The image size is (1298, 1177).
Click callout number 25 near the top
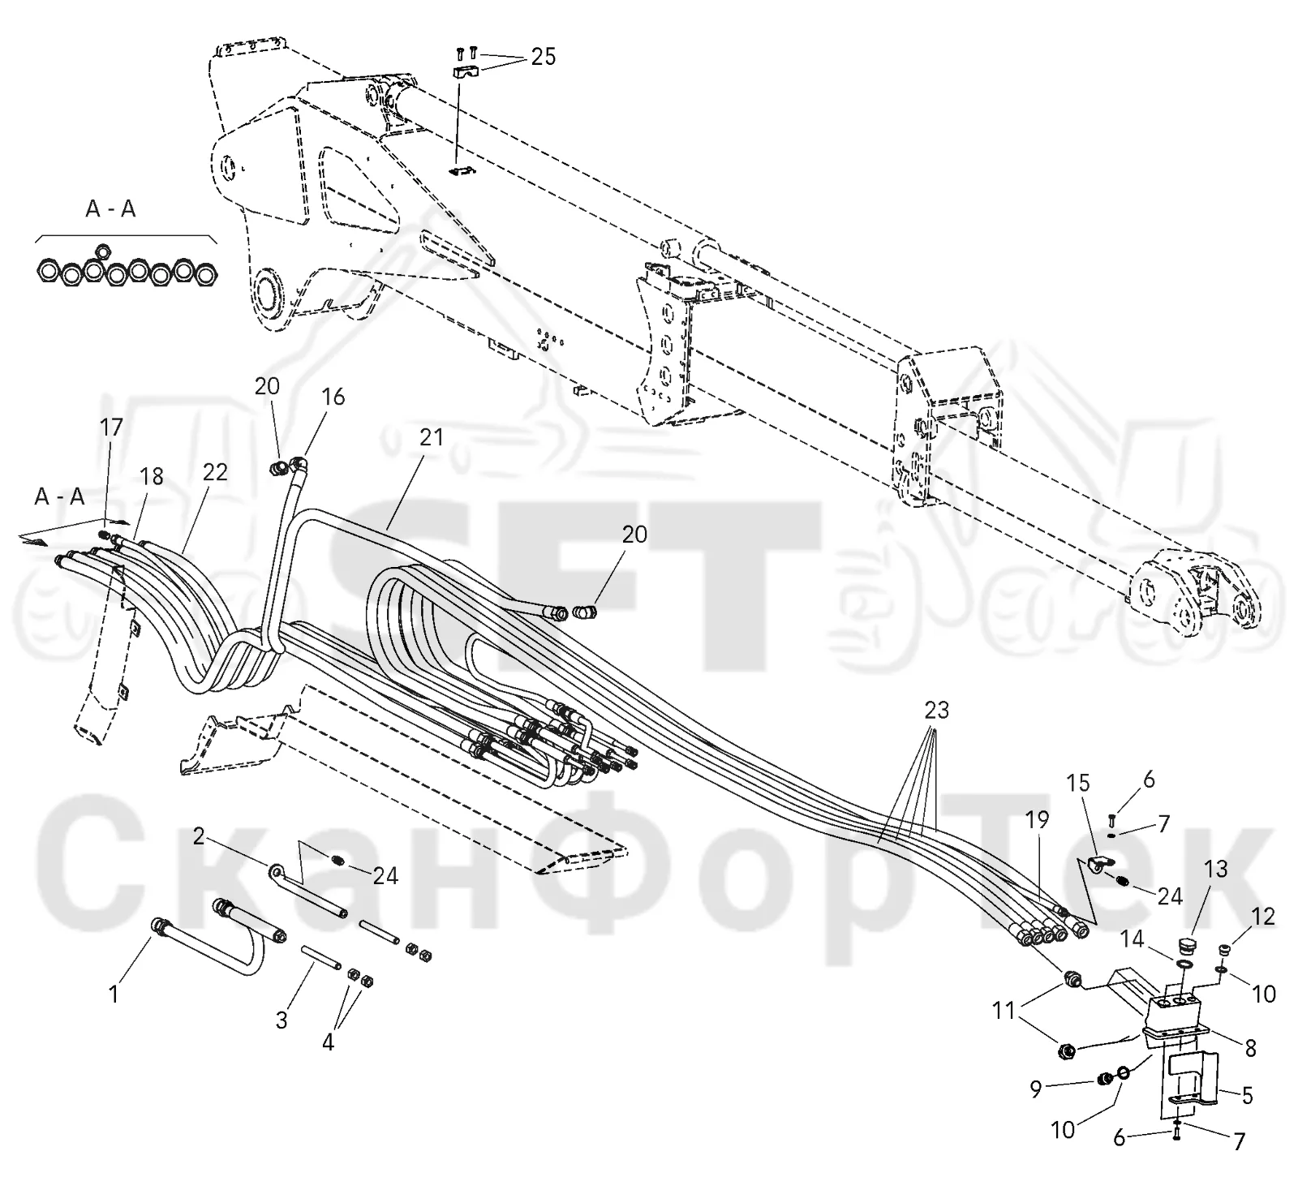544,57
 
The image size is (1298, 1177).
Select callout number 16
333,397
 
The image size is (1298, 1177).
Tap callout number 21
432,437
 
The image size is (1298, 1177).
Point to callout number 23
936,711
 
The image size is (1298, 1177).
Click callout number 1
114,994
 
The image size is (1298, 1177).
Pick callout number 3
282,1020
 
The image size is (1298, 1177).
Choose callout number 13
1215,869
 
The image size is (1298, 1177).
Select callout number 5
1247,1096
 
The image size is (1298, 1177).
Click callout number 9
1036,1089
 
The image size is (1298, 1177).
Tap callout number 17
111,427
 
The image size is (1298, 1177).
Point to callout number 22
215,472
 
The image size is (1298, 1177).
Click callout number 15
1079,784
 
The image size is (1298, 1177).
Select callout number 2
199,836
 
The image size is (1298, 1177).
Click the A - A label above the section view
111,209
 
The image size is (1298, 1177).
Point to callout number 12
1263,917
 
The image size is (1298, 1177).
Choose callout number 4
328,1042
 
